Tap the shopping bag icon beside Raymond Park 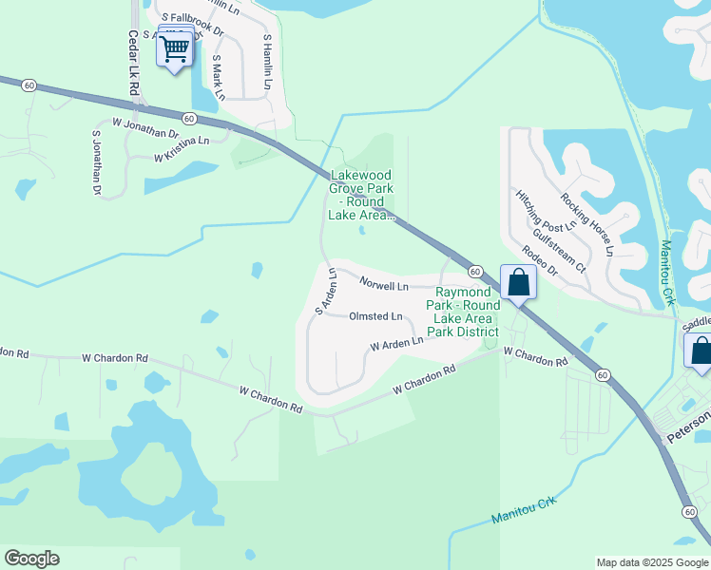(x=518, y=282)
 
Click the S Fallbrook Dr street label (x=192, y=24)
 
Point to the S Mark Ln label (x=218, y=76)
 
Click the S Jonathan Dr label (x=96, y=163)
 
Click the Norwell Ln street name (x=384, y=284)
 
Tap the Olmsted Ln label (x=376, y=316)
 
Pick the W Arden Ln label (x=396, y=342)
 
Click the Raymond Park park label (x=466, y=312)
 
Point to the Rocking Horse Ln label (x=586, y=224)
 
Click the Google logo (x=31, y=559)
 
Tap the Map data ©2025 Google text (x=651, y=562)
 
